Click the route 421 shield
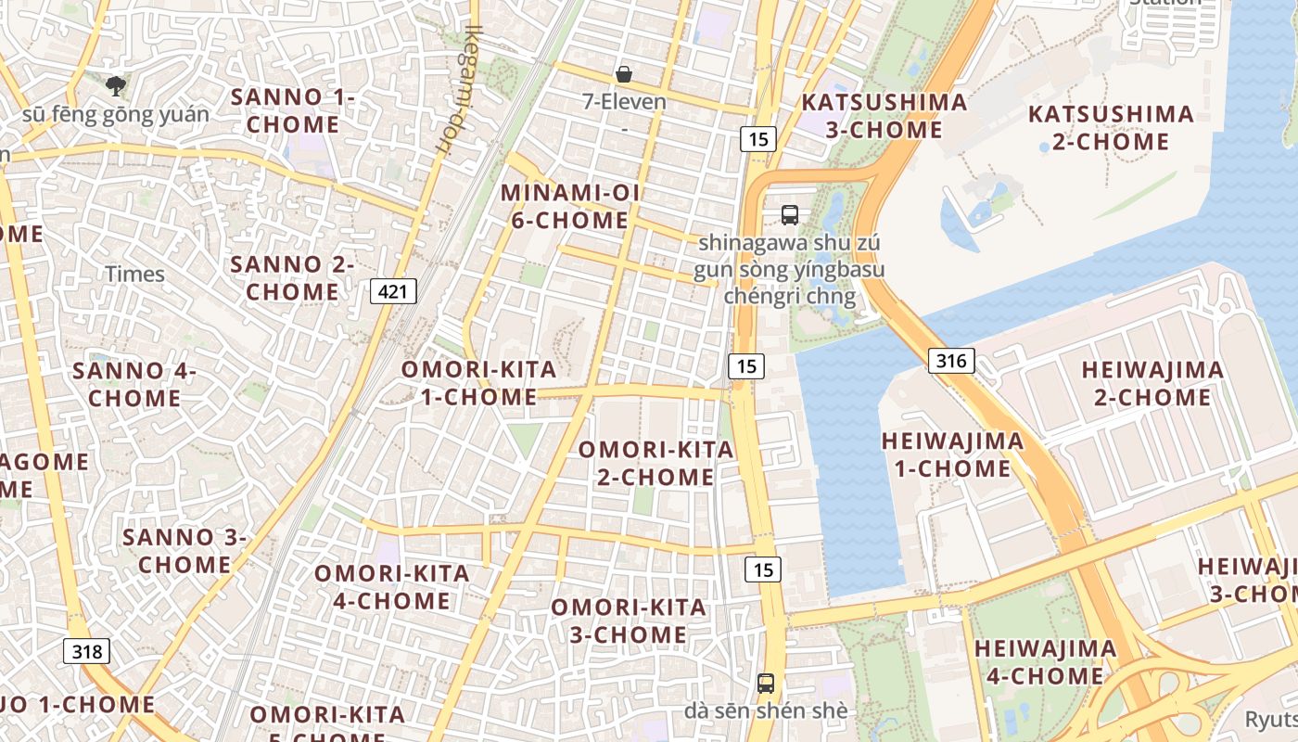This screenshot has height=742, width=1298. point(393,291)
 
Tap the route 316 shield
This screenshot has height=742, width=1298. point(951,361)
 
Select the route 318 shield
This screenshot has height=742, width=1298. point(86,651)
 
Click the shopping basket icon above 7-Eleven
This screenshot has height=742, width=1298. point(624,74)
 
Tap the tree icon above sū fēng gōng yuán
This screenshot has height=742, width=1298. point(116,86)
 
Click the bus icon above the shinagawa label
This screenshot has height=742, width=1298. point(790,215)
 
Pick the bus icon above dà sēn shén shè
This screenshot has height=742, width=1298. point(766,684)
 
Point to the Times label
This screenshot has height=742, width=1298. point(134,274)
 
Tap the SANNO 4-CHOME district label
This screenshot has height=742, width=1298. point(134,384)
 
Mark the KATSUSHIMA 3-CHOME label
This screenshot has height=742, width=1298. point(884,116)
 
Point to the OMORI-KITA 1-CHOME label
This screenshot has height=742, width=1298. point(478,383)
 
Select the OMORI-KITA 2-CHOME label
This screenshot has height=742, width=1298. point(655,463)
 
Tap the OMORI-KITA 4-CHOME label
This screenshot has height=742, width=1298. point(391,586)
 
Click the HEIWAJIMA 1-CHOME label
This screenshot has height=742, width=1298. point(952,454)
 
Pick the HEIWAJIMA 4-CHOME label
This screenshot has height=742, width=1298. point(1045,662)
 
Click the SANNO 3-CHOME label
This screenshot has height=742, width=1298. point(185,550)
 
